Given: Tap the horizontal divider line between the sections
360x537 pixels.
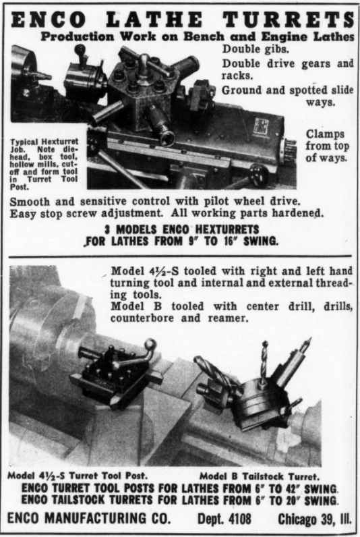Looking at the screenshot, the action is (x=180, y=256).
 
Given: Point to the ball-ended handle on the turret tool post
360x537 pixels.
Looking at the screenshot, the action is (x=150, y=345).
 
